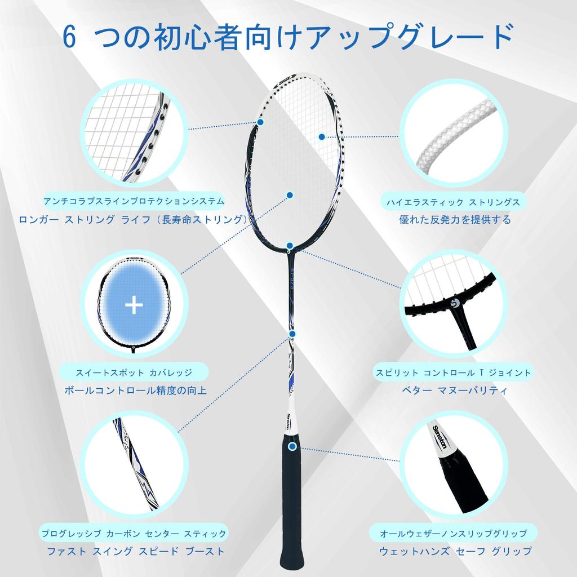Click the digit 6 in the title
[69, 38]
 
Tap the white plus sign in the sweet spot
[134, 305]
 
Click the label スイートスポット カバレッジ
[134, 372]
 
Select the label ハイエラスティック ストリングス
[452, 201]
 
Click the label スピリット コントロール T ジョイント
[454, 372]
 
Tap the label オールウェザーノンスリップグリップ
[454, 533]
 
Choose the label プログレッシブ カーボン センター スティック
[134, 533]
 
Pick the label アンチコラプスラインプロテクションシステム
[134, 201]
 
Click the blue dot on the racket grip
[292, 447]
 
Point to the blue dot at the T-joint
[290, 246]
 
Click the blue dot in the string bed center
[290, 195]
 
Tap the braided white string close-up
[454, 135]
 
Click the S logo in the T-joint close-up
[456, 305]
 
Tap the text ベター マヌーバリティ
[454, 390]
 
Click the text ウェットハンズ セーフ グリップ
[455, 551]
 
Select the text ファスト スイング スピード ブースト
[134, 551]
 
